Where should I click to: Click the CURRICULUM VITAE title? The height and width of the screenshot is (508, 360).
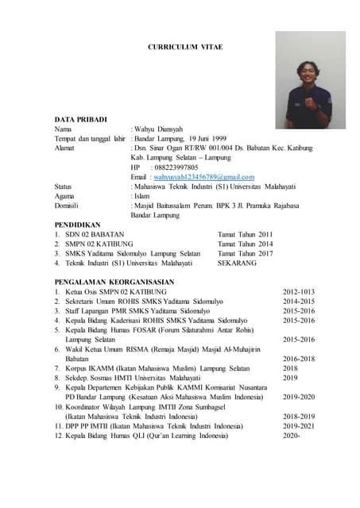tap(186, 48)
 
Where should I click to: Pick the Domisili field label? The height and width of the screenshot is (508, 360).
tap(69, 206)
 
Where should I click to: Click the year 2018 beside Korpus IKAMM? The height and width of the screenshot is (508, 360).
tap(291, 368)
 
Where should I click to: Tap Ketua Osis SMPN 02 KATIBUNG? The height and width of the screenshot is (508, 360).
tap(116, 292)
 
